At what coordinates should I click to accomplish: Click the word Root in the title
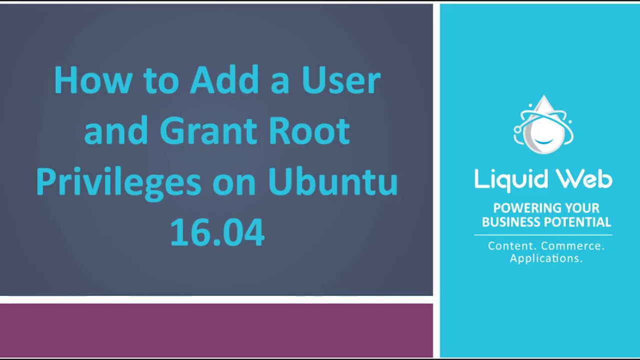[x=309, y=130]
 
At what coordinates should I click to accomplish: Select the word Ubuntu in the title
[x=333, y=181]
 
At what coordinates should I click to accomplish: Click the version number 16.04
[x=217, y=231]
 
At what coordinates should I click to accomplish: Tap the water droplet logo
[x=543, y=124]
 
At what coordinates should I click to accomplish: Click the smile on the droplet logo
[x=543, y=141]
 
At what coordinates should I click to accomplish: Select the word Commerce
[x=573, y=246]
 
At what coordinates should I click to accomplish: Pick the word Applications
[x=546, y=259]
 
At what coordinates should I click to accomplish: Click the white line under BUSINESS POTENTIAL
[x=543, y=235]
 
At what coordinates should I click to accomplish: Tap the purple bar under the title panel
[x=216, y=330]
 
